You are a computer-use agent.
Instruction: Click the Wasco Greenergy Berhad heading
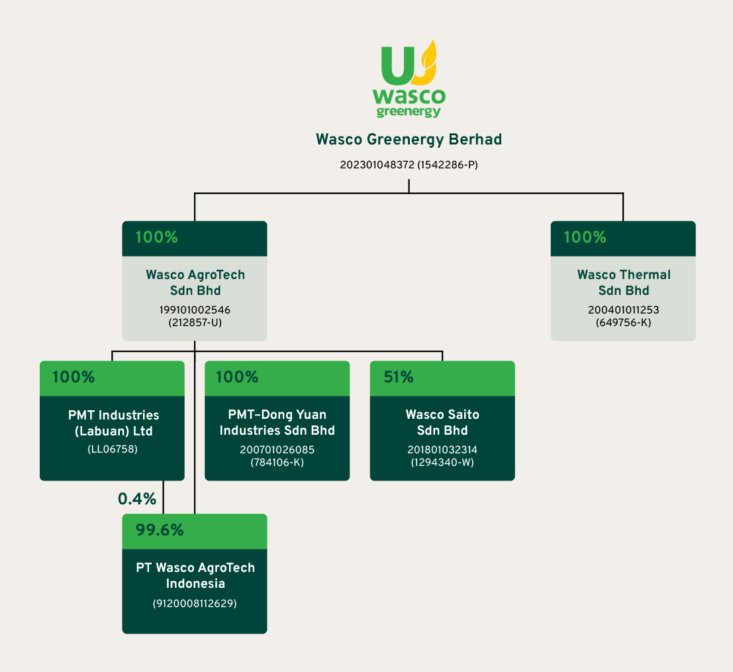click(x=409, y=140)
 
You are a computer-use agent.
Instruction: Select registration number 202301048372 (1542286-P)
click(x=409, y=164)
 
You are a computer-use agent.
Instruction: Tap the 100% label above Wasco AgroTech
click(x=157, y=238)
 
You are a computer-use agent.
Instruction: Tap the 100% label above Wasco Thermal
click(x=585, y=238)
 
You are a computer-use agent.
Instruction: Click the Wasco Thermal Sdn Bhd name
click(x=623, y=283)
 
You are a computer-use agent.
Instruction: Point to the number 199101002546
click(x=195, y=309)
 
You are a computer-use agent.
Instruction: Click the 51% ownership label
click(x=399, y=378)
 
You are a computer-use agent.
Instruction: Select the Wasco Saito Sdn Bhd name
click(x=442, y=423)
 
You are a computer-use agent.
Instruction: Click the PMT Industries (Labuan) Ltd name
click(x=113, y=423)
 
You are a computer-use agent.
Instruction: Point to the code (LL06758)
click(x=113, y=449)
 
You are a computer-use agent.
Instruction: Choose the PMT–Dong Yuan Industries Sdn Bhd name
click(x=277, y=423)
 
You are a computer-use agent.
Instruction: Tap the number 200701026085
click(x=277, y=450)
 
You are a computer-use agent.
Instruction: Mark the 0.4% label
click(x=136, y=498)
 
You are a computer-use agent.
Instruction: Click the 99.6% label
click(x=160, y=530)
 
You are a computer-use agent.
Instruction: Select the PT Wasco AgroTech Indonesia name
click(x=195, y=576)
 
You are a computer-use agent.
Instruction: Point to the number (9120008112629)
click(x=195, y=604)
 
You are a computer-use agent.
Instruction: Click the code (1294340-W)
click(x=442, y=461)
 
